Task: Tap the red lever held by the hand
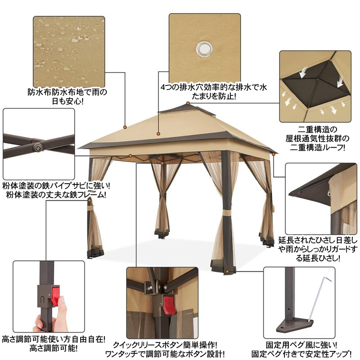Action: pyautogui.click(x=55, y=296)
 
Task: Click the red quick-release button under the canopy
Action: pyautogui.click(x=169, y=306)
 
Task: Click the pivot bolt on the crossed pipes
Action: pyautogui.click(x=38, y=147)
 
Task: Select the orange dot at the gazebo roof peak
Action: pyautogui.click(x=188, y=103)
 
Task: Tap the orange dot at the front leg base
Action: pyautogui.click(x=227, y=271)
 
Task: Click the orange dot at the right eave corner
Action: pyautogui.click(x=274, y=154)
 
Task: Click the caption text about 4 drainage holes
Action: pyautogui.click(x=214, y=92)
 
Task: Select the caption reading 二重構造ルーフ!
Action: pyautogui.click(x=318, y=148)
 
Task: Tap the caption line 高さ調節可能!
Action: pyautogui.click(x=54, y=349)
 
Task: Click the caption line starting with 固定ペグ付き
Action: pyautogui.click(x=301, y=354)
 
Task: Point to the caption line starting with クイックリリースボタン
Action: pyautogui.click(x=165, y=345)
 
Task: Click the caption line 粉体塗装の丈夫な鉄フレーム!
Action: pyautogui.click(x=56, y=195)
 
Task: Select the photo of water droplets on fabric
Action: pyautogui.click(x=69, y=52)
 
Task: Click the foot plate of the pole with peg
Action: pyautogui.click(x=295, y=325)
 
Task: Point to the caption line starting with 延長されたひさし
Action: pyautogui.click(x=318, y=240)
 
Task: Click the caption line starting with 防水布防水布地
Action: pyautogui.click(x=67, y=92)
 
